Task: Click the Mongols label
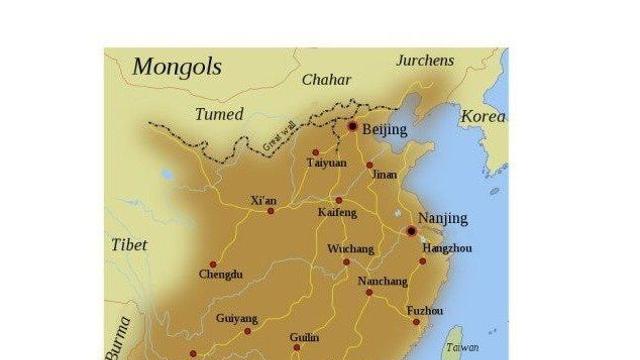coord(177,67)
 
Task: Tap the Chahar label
coord(325,79)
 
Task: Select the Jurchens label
coord(425,60)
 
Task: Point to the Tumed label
coord(219,114)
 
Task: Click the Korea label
coord(482,117)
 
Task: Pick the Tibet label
coord(129,245)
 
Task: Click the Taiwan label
coord(462,347)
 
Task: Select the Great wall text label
coord(282,138)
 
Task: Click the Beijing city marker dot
coord(352,127)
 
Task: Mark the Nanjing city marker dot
coord(411,231)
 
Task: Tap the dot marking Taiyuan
coord(316,152)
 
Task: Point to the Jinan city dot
coord(369,165)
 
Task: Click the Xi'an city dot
coord(270,211)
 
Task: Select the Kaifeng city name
coord(337,213)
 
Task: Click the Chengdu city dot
coord(213,264)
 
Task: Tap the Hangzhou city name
coord(446,247)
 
